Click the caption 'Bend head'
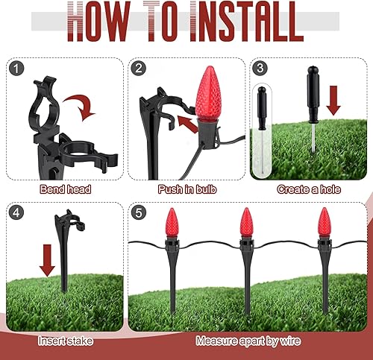[65, 189]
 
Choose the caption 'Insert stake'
[65, 340]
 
